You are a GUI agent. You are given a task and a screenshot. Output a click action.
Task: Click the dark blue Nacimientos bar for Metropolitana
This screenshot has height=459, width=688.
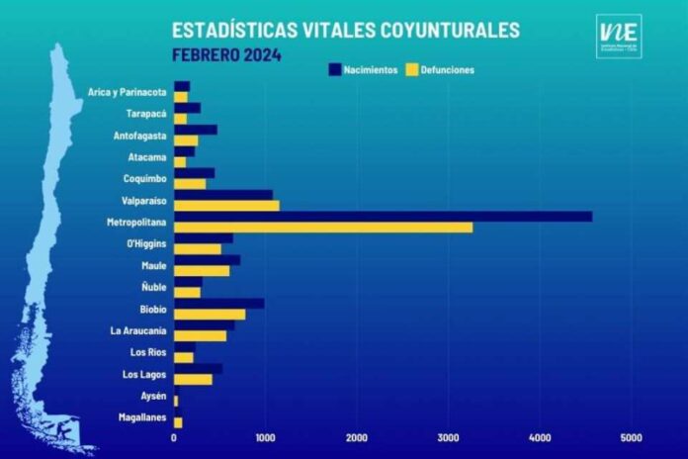383,216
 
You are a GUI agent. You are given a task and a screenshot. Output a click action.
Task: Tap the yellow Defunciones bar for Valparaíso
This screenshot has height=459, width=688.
226,206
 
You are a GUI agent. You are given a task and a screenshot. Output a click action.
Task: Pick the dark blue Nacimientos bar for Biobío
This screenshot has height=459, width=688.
218,304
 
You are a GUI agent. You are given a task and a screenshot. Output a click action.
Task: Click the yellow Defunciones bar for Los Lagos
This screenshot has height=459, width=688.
193,379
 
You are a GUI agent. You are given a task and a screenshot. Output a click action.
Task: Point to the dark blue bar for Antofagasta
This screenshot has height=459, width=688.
195,130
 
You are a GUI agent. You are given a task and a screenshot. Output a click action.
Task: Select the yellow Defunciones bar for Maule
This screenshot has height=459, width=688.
202,271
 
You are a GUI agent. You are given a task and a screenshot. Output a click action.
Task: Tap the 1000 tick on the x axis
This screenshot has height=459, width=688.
265,436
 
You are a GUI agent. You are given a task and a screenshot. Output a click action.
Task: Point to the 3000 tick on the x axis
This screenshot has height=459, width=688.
449,436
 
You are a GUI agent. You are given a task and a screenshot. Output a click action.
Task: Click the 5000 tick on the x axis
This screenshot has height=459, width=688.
631,436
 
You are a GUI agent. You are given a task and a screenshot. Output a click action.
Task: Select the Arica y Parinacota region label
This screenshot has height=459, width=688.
126,92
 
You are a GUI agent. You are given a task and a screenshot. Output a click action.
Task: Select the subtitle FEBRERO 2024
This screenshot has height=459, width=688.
225,54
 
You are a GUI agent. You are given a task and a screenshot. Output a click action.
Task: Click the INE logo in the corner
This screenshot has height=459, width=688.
619,36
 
